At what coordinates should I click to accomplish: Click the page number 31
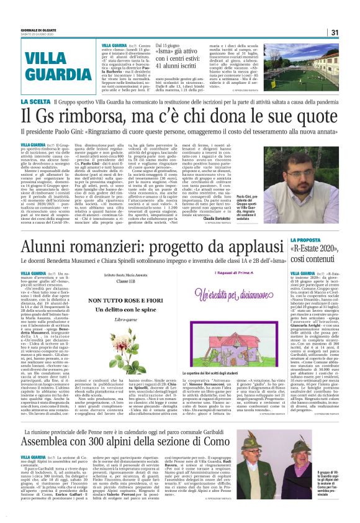[x=334, y=32]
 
